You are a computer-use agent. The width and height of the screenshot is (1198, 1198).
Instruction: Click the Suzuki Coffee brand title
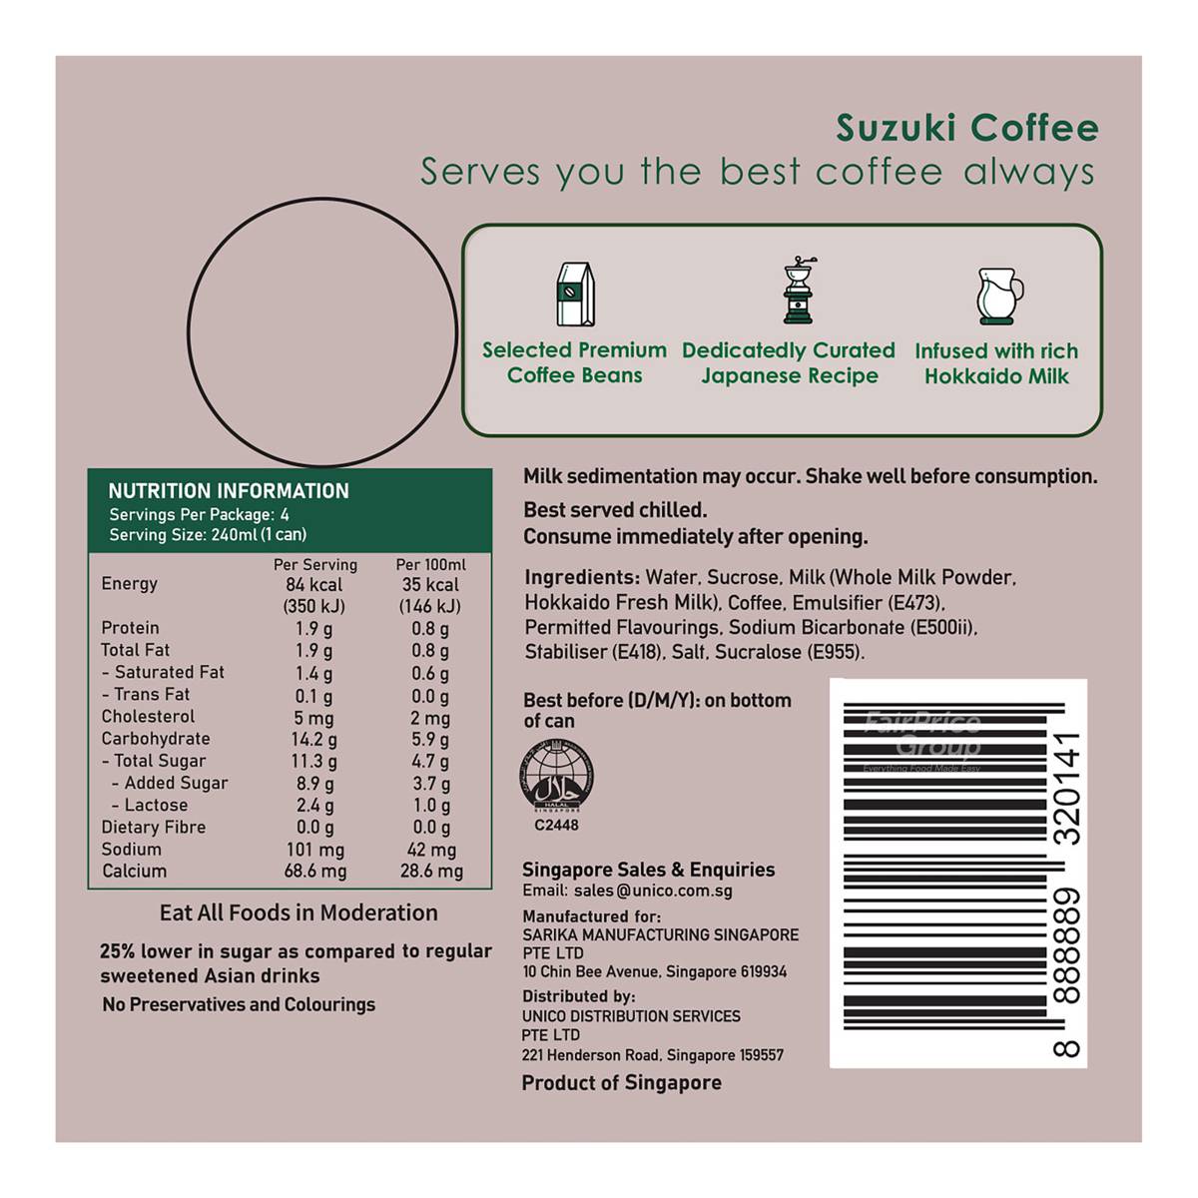[x=966, y=128]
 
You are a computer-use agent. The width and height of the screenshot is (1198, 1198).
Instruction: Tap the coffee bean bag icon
[x=575, y=295]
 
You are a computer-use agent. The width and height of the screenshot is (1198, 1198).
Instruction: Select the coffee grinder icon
[x=799, y=290]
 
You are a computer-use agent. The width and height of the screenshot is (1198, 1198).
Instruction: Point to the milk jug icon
[x=998, y=296]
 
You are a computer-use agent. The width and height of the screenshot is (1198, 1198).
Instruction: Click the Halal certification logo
[x=556, y=777]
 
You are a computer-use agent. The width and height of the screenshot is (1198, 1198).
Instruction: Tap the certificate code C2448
[x=556, y=825]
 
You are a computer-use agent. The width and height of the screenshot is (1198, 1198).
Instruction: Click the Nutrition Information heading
[x=229, y=491]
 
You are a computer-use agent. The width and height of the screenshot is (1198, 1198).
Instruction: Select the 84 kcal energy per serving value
[x=313, y=584]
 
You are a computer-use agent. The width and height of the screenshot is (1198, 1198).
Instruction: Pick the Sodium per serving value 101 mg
[x=315, y=850]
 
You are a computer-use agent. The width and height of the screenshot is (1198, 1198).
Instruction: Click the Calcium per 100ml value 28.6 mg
[x=431, y=871]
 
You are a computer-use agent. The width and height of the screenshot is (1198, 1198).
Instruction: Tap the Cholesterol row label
[x=148, y=716]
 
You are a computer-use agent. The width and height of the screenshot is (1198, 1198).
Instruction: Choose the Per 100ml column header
[x=431, y=564]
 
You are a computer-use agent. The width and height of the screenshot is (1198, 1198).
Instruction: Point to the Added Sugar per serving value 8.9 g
[x=314, y=784]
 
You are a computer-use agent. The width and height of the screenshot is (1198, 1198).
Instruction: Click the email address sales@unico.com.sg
[x=653, y=891]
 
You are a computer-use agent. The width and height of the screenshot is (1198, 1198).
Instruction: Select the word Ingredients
[x=582, y=578]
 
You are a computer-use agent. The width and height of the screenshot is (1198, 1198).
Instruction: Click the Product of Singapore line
[x=622, y=1083]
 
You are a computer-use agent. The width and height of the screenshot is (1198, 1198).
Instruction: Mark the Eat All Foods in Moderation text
[x=299, y=912]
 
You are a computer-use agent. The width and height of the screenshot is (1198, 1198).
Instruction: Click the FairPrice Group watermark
[x=922, y=741]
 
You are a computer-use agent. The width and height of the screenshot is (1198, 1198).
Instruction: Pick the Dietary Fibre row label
[x=154, y=827]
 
